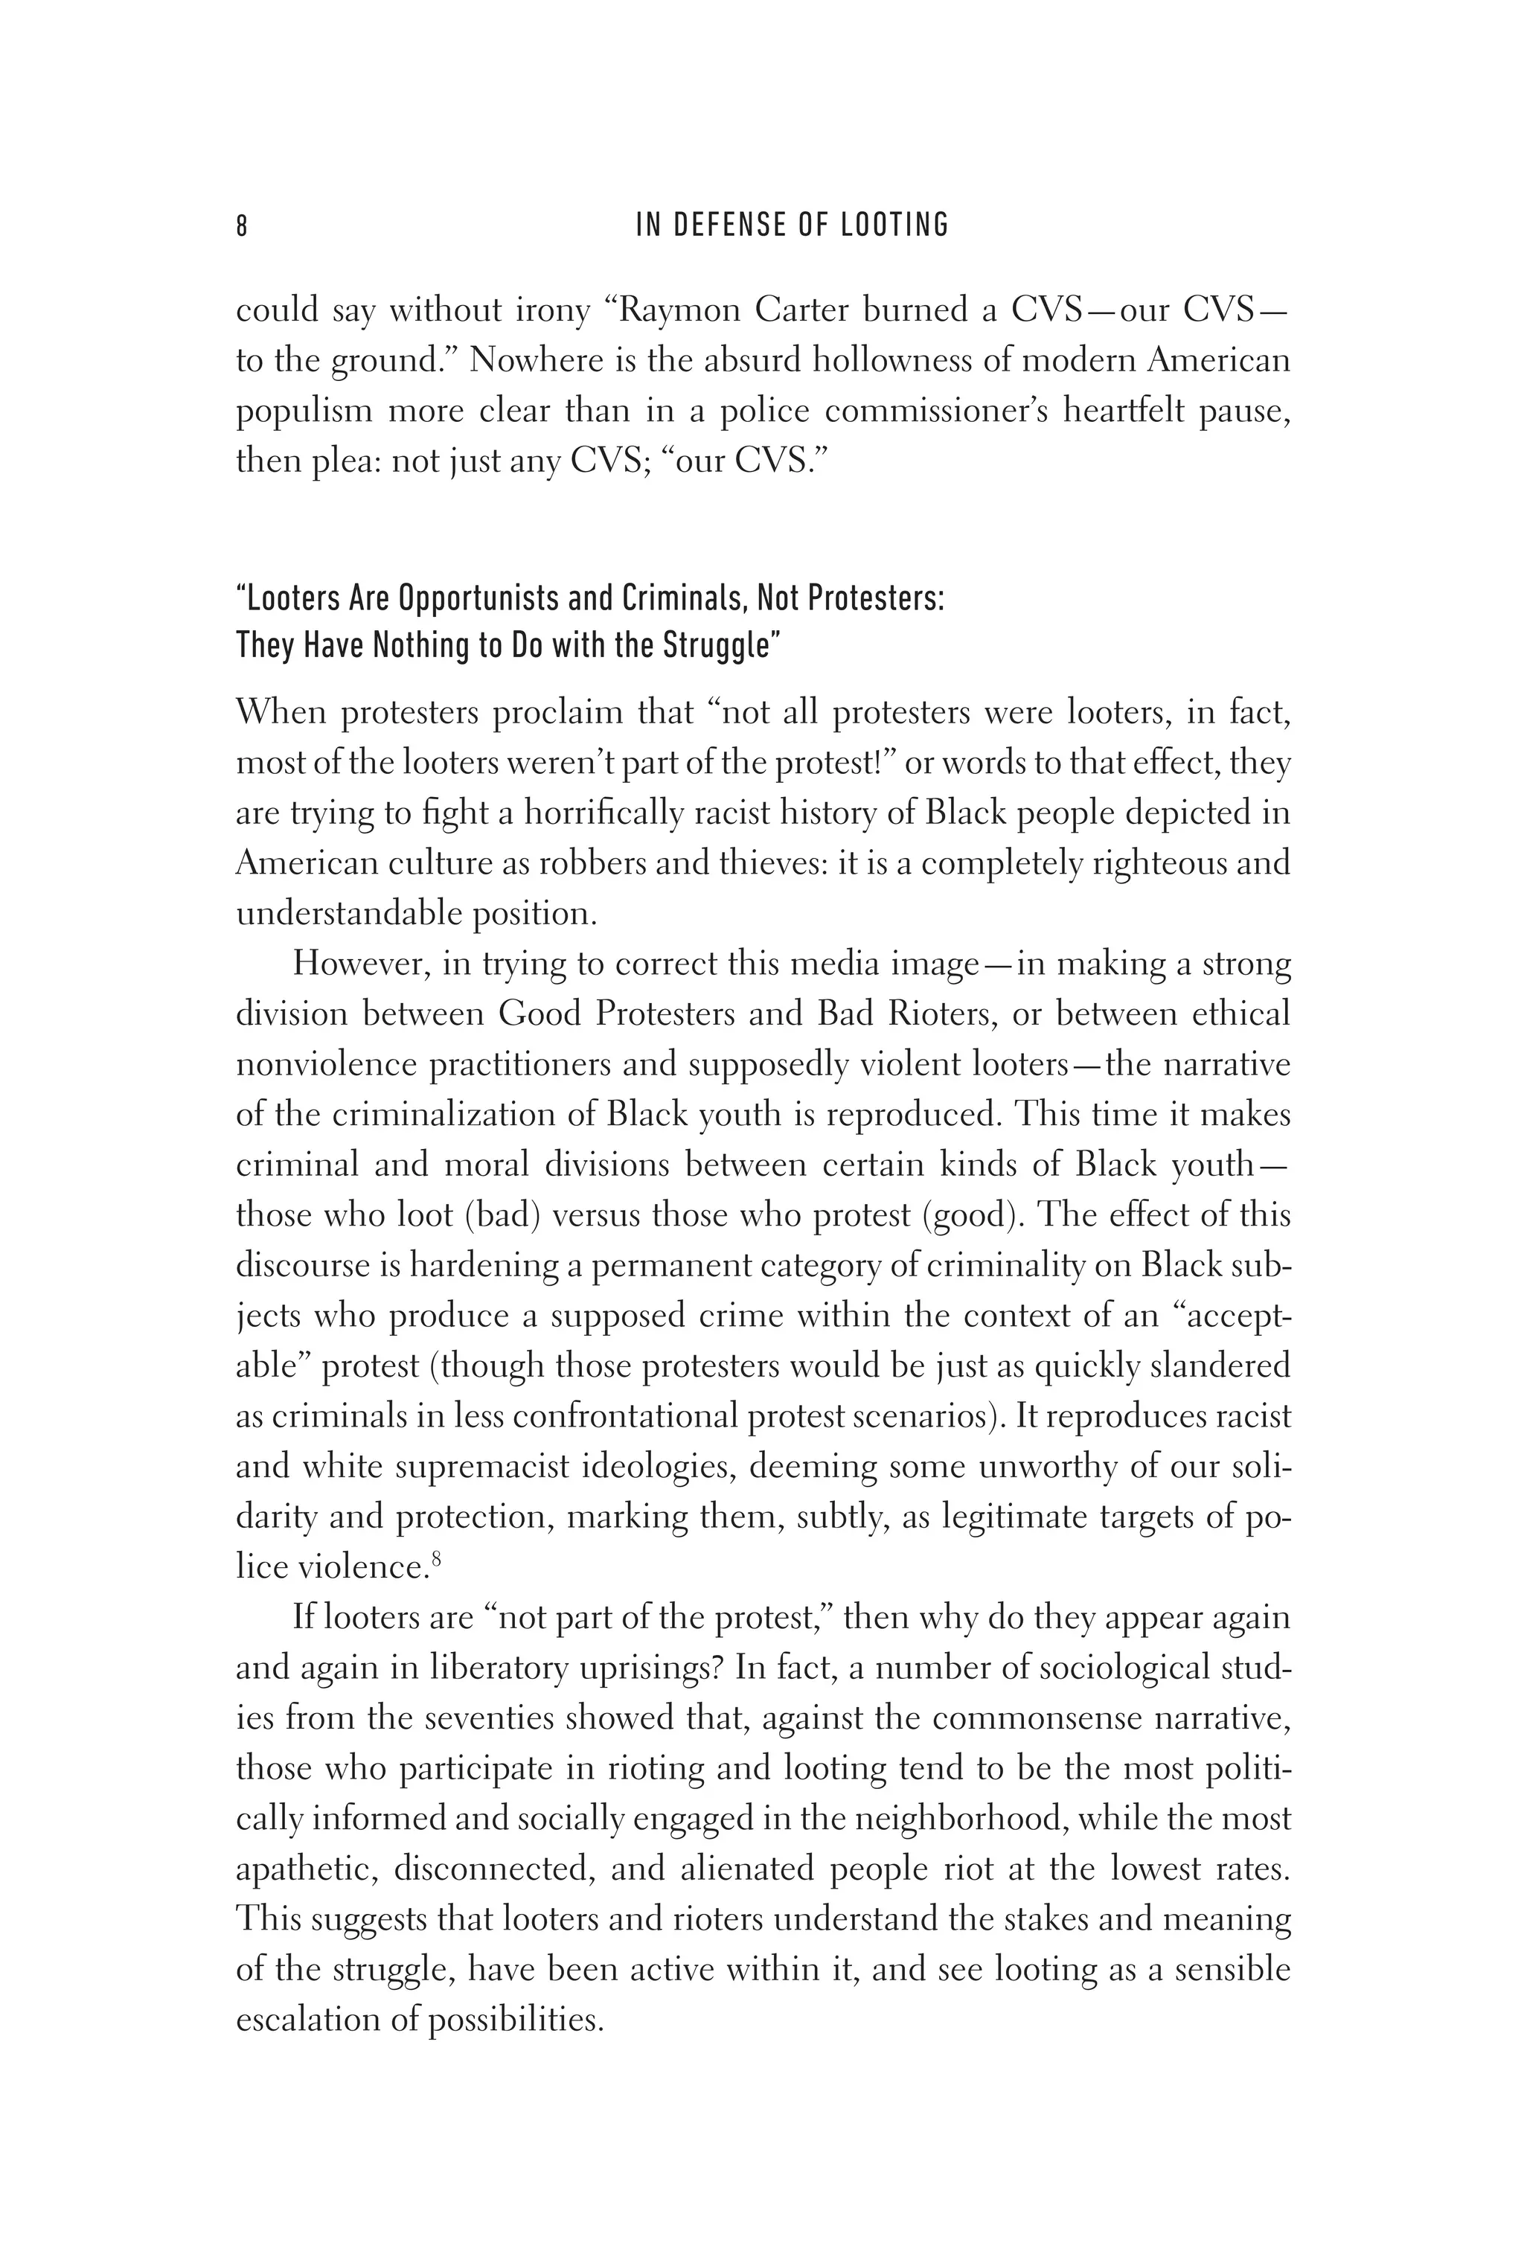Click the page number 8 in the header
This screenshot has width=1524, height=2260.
pos(242,225)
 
